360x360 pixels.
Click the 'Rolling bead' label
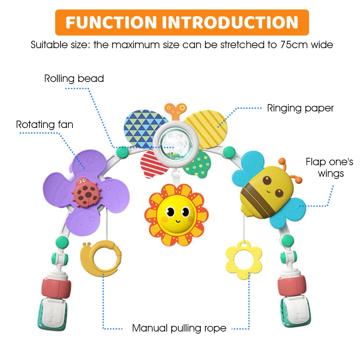pos(74,78)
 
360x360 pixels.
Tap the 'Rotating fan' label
pos(45,124)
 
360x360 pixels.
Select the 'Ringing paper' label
pos(300,108)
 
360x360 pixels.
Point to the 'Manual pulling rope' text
pos(179,328)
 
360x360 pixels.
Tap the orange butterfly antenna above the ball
pos(175,110)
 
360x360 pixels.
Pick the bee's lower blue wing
pos(288,212)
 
